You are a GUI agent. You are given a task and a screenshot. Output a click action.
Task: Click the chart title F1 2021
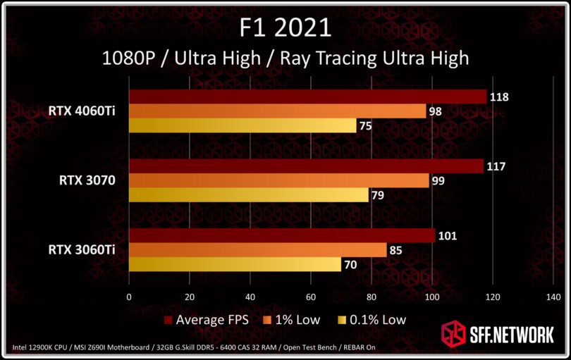pyautogui.click(x=285, y=27)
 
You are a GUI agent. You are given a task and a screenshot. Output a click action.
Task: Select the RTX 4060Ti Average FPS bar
pyautogui.click(x=307, y=97)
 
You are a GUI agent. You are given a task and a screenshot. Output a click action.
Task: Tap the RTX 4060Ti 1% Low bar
pyautogui.click(x=277, y=111)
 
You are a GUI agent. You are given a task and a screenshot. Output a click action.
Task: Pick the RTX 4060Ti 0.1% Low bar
pyautogui.click(x=242, y=125)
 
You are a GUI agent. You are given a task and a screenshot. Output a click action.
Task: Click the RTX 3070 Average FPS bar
pyautogui.click(x=306, y=166)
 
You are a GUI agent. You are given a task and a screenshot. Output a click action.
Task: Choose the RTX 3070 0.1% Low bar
pyautogui.click(x=248, y=194)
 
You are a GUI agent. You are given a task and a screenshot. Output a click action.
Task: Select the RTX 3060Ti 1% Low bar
pyautogui.click(x=257, y=250)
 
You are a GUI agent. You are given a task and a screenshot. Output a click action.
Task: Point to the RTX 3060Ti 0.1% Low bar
pyautogui.click(x=235, y=264)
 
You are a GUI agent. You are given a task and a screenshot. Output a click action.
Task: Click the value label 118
pyautogui.click(x=499, y=97)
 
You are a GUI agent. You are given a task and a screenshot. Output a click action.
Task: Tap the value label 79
pyautogui.click(x=379, y=195)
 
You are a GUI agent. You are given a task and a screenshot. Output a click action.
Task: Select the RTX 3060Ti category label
pyautogui.click(x=82, y=249)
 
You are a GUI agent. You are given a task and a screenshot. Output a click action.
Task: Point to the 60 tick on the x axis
pyautogui.click(x=310, y=297)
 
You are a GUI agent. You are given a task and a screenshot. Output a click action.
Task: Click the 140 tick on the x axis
pyautogui.click(x=553, y=297)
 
